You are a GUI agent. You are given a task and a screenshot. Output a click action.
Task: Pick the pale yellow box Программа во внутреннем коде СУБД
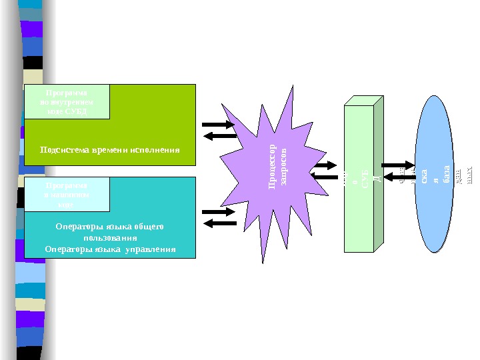[67, 101]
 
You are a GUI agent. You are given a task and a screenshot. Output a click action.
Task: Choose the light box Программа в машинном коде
[67, 194]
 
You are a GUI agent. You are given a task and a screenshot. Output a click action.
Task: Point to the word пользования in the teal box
[110, 238]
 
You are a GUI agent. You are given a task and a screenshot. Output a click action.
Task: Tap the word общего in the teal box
[148, 227]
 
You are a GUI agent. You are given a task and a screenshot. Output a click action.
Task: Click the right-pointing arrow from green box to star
[216, 125]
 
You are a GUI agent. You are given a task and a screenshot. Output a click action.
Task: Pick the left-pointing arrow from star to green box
[217, 136]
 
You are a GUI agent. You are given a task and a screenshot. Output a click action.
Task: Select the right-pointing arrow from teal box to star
[217, 213]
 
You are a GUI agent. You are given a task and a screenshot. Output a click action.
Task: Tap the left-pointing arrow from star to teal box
[217, 223]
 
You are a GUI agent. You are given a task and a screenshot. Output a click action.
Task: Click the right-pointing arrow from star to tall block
[327, 165]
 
